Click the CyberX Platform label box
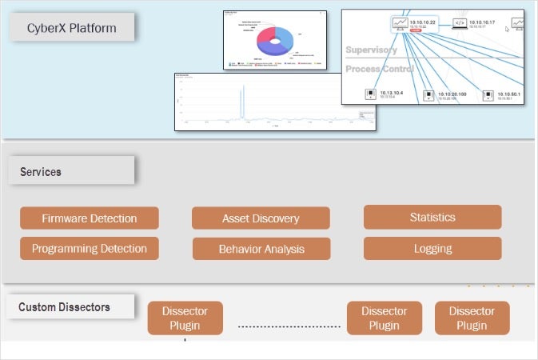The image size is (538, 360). (73, 29)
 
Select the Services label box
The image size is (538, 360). (73, 171)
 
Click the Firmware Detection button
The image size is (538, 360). (89, 218)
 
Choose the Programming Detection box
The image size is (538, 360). (89, 249)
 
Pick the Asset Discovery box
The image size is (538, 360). (261, 218)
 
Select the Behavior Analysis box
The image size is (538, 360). (261, 249)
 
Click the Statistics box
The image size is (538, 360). (432, 217)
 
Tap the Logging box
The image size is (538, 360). (432, 248)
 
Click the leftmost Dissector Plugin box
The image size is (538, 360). (185, 318)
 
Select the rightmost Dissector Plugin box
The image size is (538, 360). (472, 318)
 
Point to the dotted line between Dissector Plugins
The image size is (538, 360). (289, 326)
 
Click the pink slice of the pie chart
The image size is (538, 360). (266, 38)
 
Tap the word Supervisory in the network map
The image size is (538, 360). (371, 50)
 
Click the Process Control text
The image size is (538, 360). (379, 69)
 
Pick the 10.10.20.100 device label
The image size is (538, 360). (452, 94)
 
